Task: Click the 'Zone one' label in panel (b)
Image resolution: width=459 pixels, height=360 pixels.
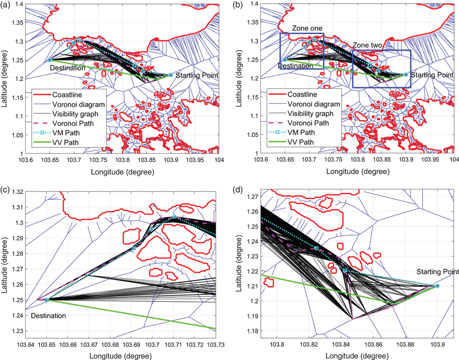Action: pos(307,28)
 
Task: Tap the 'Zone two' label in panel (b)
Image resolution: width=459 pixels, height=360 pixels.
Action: pos(367,45)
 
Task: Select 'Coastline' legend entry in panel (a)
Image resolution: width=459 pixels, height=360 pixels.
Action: pos(67,95)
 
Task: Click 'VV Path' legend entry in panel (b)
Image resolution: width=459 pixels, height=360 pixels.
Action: pos(301,142)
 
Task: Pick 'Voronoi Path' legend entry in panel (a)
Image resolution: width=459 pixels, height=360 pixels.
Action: pos(73,124)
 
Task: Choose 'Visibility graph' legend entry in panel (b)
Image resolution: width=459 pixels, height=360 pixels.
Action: pos(310,114)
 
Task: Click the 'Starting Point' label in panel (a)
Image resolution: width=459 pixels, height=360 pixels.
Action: pos(197,75)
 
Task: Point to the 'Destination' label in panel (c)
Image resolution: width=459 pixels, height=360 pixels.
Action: pos(48,316)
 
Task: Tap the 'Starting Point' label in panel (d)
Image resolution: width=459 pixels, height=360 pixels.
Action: pos(437,272)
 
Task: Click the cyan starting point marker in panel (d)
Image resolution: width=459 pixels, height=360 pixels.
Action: pos(437,286)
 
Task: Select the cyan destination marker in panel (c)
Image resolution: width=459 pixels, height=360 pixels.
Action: pos(47,300)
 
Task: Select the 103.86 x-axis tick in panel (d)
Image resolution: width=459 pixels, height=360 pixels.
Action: pos(373,345)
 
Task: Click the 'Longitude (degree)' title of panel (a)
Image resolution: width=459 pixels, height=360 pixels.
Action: pos(122,172)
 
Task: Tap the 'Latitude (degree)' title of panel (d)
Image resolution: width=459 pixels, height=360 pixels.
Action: pos(239,263)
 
